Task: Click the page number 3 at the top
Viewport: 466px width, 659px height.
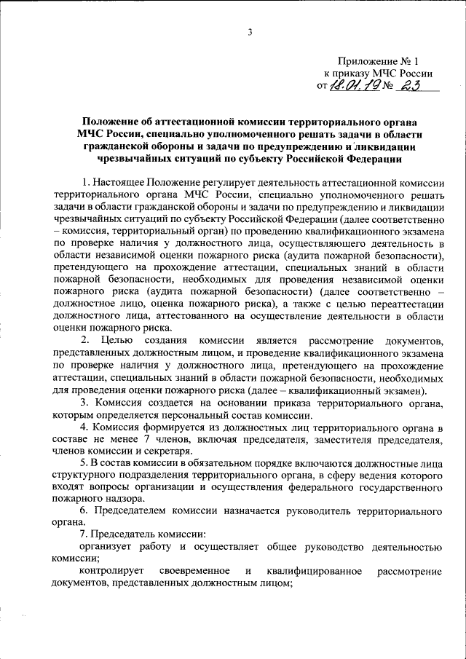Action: (250, 31)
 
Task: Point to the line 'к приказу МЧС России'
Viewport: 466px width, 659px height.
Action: (378, 74)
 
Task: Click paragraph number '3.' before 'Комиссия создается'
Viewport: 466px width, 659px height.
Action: (84, 402)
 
